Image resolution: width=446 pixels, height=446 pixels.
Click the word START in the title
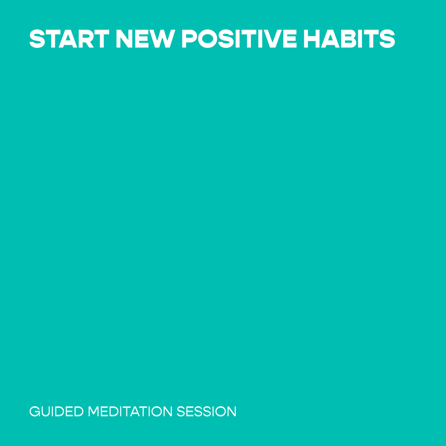69,39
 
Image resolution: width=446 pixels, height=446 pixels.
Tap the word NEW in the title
145,39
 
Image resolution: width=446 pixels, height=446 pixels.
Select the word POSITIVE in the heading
239,39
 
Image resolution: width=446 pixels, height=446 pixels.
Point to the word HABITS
349,39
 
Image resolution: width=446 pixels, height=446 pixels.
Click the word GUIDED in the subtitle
56,412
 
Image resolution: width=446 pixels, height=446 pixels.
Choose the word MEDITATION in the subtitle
130,412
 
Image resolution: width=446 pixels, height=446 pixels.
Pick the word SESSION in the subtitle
207,412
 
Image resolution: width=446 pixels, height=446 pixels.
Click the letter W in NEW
162,39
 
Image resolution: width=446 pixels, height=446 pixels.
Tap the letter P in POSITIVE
189,39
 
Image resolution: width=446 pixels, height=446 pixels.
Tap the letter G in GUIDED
35,412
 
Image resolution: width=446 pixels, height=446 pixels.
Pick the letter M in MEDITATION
94,412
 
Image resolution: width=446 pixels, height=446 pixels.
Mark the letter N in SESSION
232,412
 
